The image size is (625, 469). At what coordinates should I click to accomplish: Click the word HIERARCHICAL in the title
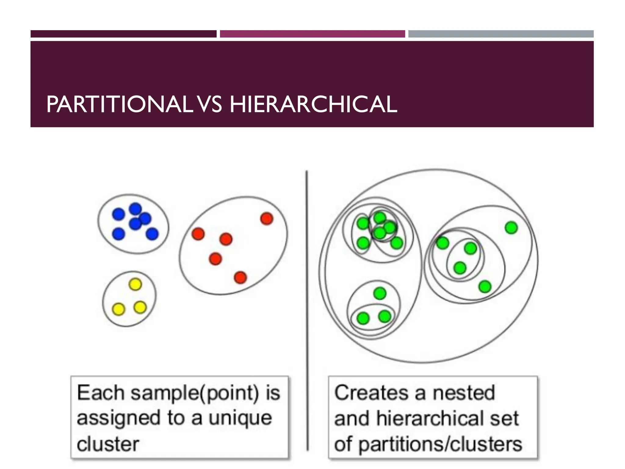(x=313, y=105)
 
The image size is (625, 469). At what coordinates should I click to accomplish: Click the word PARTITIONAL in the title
(x=119, y=105)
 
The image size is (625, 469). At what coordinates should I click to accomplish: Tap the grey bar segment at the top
(x=500, y=34)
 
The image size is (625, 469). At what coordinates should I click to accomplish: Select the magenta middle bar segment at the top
(x=312, y=34)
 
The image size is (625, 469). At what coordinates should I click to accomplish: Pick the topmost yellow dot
(x=135, y=284)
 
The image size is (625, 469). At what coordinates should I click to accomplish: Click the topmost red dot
(x=266, y=219)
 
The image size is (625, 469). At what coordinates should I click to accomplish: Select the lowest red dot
(x=240, y=277)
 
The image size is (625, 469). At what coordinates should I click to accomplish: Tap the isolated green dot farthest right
(x=511, y=227)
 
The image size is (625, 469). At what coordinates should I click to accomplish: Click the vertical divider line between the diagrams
(x=307, y=305)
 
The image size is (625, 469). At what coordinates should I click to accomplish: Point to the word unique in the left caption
(x=240, y=418)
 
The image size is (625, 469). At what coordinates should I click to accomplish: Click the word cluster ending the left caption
(x=108, y=444)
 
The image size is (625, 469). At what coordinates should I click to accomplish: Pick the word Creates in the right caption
(x=371, y=393)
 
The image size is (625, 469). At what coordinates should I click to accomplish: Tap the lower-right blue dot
(x=152, y=234)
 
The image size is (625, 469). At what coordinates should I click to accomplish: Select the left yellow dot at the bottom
(x=118, y=309)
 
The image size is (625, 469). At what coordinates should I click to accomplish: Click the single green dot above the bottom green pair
(x=380, y=293)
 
